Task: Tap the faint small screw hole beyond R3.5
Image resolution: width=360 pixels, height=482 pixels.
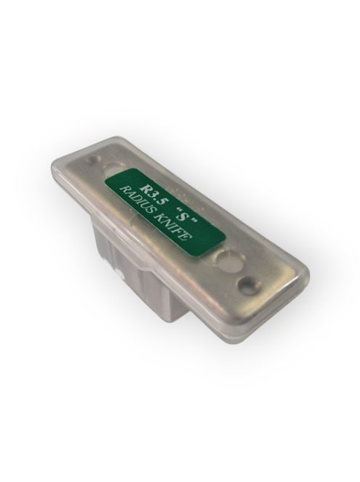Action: point(92,160)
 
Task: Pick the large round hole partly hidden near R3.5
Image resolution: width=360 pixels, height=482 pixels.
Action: point(115,170)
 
